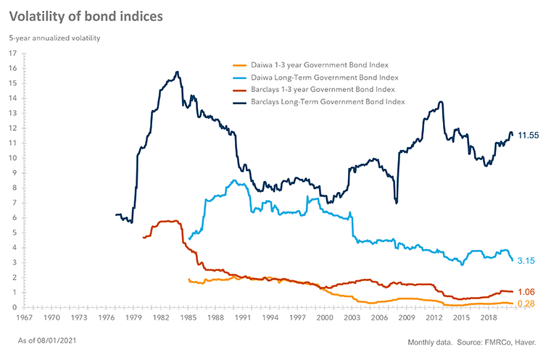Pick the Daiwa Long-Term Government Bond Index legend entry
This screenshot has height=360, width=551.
click(325, 76)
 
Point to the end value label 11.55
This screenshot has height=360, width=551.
click(529, 135)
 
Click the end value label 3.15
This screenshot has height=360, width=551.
click(526, 261)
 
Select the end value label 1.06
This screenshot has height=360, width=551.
click(526, 292)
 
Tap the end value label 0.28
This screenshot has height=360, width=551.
click(526, 304)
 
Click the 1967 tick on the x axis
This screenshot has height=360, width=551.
click(24, 318)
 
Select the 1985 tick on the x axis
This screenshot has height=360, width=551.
click(188, 318)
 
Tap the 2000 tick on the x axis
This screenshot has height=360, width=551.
click(324, 318)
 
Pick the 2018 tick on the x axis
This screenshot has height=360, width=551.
click(488, 318)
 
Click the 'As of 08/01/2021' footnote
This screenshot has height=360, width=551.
click(49, 340)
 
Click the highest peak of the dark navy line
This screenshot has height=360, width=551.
click(177, 72)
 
